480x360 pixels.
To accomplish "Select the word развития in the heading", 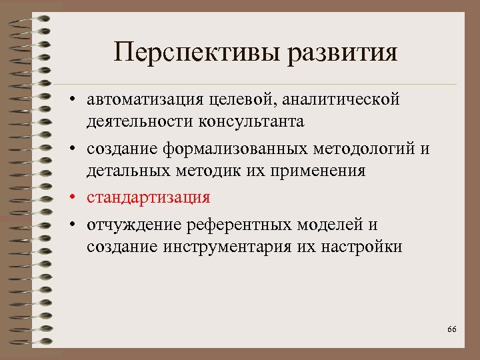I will click(343, 53).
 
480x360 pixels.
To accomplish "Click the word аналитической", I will click(341, 99).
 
